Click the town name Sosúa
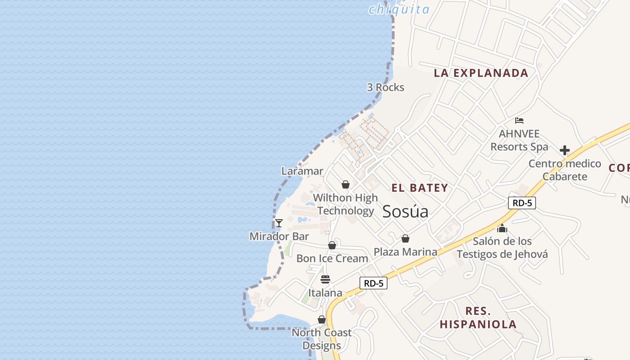tap(405, 211)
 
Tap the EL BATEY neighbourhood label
tap(419, 188)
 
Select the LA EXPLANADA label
tap(481, 73)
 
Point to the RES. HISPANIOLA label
tap(478, 317)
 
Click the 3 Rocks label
tap(385, 87)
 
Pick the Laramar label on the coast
tap(302, 171)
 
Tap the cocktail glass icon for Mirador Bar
tap(279, 223)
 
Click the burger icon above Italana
tap(325, 279)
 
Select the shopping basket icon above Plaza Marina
tap(405, 238)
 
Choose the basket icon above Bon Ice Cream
tap(332, 245)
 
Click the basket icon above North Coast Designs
tap(322, 319)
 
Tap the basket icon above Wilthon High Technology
tap(346, 184)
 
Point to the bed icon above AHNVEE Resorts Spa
tap(519, 121)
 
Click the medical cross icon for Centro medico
tap(565, 150)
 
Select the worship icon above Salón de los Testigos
tap(502, 228)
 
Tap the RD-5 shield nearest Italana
tap(373, 283)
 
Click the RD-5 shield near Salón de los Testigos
tap(522, 203)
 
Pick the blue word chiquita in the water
tap(399, 9)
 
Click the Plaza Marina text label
tap(405, 252)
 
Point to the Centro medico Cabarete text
tap(565, 170)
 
